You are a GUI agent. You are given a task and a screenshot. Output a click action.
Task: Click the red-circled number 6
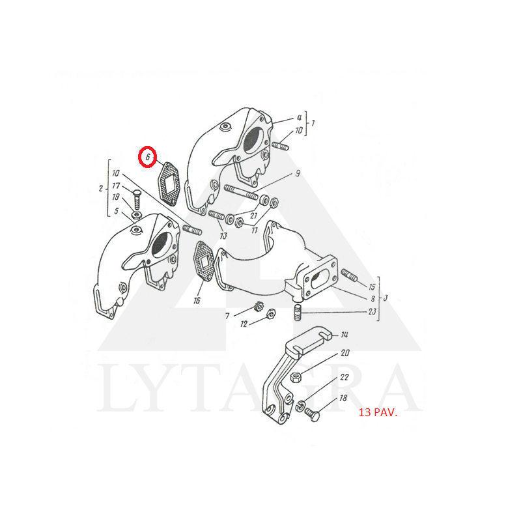[148, 156]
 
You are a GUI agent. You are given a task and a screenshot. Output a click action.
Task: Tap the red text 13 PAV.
[378, 413]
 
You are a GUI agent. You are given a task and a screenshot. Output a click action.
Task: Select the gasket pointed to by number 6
[169, 182]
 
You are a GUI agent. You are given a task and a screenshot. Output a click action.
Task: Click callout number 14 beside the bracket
[345, 335]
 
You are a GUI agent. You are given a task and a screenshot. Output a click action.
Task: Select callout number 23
[372, 311]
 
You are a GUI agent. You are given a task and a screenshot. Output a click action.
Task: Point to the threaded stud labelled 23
[298, 313]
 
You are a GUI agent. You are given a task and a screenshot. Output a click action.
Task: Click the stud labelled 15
[349, 275]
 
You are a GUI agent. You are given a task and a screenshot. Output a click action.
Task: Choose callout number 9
[298, 173]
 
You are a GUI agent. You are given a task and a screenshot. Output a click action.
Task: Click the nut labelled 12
[271, 313]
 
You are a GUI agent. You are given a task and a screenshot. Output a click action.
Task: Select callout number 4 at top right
[299, 118]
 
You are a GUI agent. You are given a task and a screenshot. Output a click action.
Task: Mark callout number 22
[345, 377]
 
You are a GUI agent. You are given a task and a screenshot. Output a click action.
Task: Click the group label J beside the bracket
[386, 298]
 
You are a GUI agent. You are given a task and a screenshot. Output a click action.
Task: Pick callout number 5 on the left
[116, 211]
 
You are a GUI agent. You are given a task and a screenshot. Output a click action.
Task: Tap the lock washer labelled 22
[300, 406]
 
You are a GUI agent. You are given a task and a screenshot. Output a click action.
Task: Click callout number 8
[373, 299]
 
